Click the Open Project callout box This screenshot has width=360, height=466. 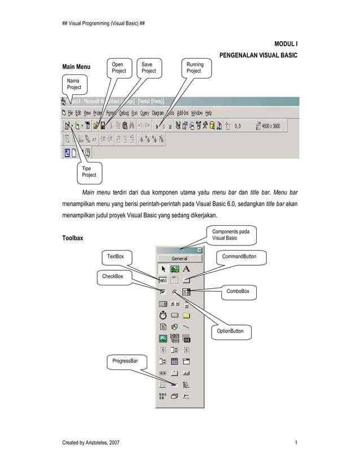(x=119, y=68)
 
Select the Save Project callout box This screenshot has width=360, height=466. (x=149, y=68)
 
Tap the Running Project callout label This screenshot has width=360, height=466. (x=194, y=68)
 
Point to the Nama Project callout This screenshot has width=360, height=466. (x=74, y=84)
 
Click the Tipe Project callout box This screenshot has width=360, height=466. (x=89, y=172)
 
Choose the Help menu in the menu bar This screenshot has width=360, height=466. (x=208, y=113)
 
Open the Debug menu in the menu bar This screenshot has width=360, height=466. (x=124, y=113)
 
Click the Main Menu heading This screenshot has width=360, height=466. (x=76, y=68)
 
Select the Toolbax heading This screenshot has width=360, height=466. (x=72, y=238)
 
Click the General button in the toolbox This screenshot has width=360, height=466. (x=179, y=258)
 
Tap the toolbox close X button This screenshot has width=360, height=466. (x=199, y=250)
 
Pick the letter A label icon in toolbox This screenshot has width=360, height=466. (x=186, y=269)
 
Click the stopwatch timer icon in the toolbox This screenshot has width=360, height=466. (x=163, y=315)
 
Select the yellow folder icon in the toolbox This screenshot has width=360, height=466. (x=186, y=315)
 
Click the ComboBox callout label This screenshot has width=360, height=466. (x=238, y=291)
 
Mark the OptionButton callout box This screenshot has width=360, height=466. (x=230, y=331)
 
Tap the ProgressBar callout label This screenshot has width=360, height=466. (x=126, y=360)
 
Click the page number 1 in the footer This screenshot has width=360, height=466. (x=296, y=443)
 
